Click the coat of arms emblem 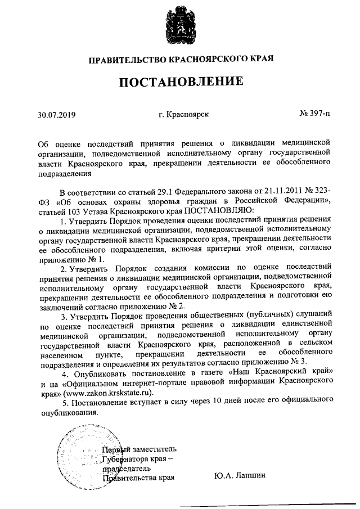click(x=179, y=26)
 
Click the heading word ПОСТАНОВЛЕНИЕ click(x=181, y=83)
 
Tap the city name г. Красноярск click(x=184, y=114)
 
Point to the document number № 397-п click(x=315, y=114)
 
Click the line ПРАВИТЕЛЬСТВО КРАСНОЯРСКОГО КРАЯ click(x=181, y=59)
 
